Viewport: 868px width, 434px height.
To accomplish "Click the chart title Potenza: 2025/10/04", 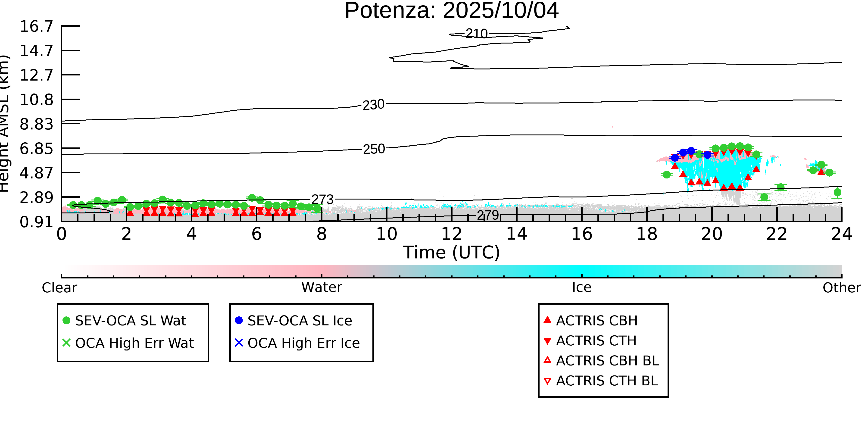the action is tap(452, 11).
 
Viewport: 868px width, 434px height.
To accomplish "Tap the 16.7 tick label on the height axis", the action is tap(36, 26).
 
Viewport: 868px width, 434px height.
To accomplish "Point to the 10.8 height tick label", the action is tap(36, 100).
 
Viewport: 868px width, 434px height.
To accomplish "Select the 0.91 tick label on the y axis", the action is tap(36, 222).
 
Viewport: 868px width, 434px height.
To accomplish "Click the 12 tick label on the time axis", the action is tap(452, 234).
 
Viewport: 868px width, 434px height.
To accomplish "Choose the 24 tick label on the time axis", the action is tap(842, 234).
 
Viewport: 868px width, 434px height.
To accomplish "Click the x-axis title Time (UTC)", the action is tap(452, 252).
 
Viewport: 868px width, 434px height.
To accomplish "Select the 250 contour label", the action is tap(374, 149).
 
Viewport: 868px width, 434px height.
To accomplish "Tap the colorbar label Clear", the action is tap(59, 288).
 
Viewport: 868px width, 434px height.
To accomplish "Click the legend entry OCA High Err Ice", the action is tap(297, 343).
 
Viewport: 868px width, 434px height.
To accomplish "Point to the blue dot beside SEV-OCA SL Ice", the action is tap(239, 320).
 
